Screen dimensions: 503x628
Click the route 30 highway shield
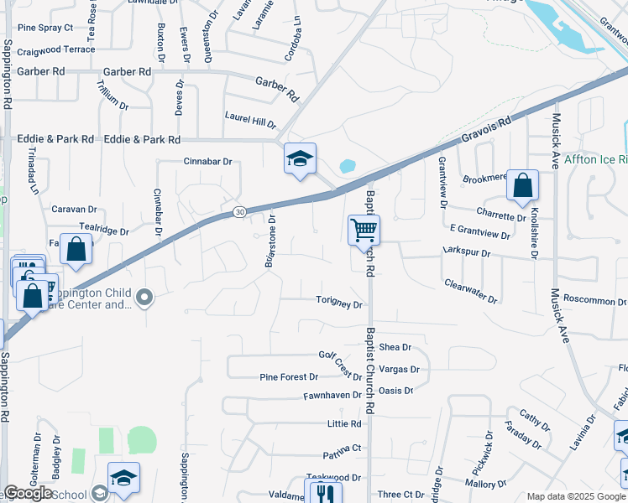[239, 211]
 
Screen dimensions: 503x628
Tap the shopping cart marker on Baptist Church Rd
[364, 229]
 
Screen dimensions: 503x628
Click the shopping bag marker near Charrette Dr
[522, 187]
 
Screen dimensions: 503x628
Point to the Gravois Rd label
[486, 132]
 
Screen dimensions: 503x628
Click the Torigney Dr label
[339, 303]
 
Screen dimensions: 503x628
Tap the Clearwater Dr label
[471, 292]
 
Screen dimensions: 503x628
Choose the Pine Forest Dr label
[289, 377]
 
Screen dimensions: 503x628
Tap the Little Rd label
[344, 424]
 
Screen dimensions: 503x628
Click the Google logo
[29, 493]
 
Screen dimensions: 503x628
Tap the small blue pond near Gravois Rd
[348, 165]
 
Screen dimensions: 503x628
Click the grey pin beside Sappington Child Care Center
[145, 297]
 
